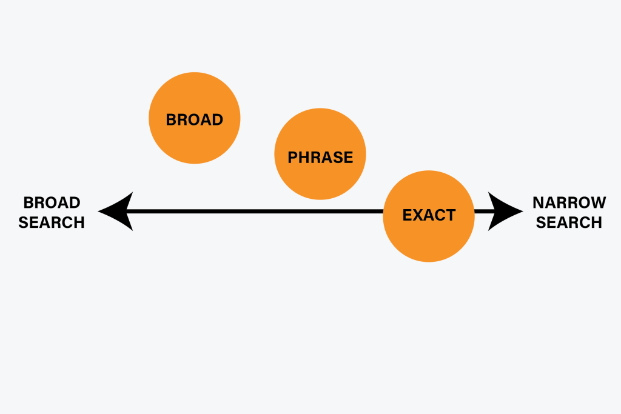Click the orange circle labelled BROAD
click(194, 118)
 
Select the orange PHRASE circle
click(320, 154)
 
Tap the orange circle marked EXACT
click(428, 216)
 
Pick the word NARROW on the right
click(569, 202)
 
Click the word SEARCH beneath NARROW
click(569, 222)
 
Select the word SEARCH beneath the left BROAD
click(52, 222)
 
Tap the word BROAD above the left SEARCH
click(52, 202)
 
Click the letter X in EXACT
click(417, 215)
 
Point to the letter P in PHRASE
click(293, 158)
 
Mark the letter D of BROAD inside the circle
click(218, 119)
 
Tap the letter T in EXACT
click(450, 215)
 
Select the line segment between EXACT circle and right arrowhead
click(482, 212)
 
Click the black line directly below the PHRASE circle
click(320, 212)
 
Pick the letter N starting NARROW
click(539, 202)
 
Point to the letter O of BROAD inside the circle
click(193, 119)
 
